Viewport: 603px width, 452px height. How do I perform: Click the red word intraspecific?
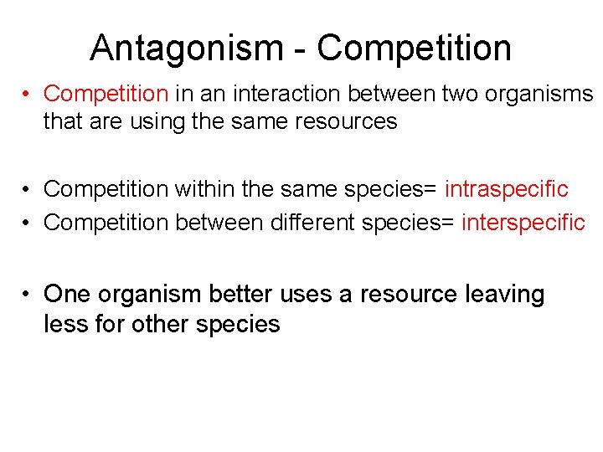coord(506,189)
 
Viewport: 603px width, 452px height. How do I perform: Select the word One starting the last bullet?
coord(67,295)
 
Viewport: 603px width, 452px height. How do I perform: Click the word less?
coord(64,323)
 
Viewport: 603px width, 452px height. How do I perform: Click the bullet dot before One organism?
coord(28,295)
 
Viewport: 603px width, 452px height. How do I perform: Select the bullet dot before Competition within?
coord(28,190)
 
